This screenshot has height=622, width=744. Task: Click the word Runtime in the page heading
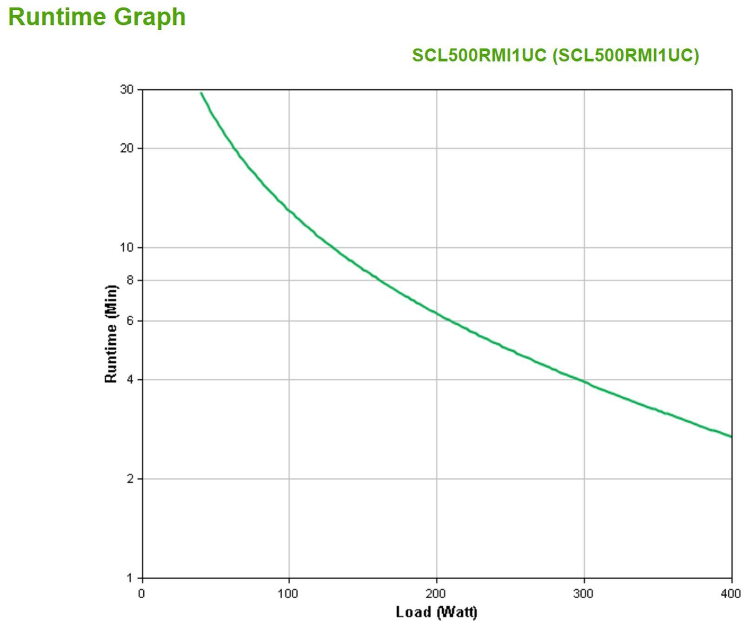tap(57, 17)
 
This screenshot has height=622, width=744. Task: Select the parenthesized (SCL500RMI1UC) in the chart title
tap(625, 55)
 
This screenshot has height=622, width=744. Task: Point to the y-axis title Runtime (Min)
tap(111, 334)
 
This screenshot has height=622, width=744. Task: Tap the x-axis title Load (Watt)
tap(436, 611)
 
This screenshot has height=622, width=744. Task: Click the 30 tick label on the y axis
tap(126, 89)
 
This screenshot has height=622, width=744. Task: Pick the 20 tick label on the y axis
tap(126, 148)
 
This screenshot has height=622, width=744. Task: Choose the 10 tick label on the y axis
tap(126, 247)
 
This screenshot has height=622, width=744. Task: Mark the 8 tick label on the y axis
tap(130, 280)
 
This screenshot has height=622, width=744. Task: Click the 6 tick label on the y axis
tap(130, 321)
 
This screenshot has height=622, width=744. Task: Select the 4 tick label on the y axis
tap(130, 380)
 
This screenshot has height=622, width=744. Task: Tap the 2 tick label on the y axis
tap(130, 479)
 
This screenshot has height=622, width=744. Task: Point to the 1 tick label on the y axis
tap(130, 578)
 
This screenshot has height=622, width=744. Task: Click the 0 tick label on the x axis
tap(141, 594)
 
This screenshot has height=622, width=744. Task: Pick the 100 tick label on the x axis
tap(288, 594)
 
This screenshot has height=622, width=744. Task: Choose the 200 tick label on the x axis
tap(436, 594)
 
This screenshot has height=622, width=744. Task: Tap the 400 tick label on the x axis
tap(731, 594)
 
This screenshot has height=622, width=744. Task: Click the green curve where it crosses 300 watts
tap(584, 381)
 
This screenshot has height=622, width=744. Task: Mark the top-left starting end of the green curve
tap(201, 93)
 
